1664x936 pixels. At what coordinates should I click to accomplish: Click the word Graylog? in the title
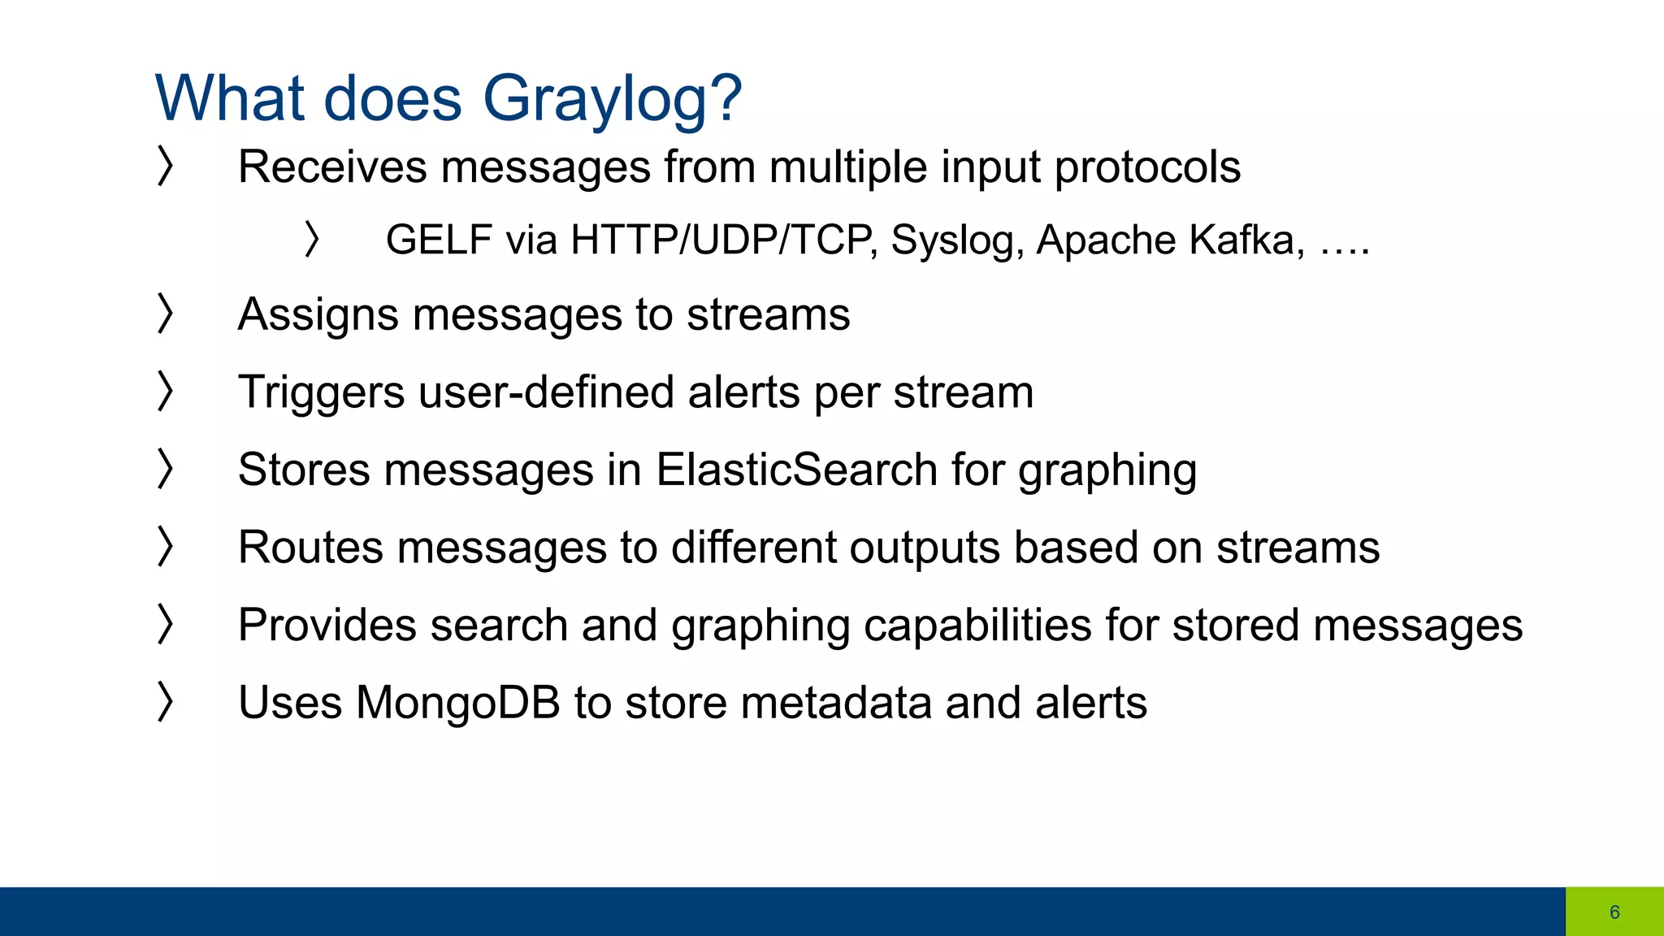(x=612, y=99)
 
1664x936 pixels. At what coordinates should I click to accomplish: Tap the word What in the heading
(x=230, y=97)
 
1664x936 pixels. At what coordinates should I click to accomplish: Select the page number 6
(x=1614, y=912)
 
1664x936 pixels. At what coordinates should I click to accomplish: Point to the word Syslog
(x=956, y=241)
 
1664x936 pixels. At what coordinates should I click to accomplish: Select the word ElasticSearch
(x=797, y=470)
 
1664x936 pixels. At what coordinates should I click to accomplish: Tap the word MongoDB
(x=458, y=703)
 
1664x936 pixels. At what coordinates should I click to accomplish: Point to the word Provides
(x=327, y=626)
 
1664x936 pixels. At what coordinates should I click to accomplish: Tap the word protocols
(x=1147, y=168)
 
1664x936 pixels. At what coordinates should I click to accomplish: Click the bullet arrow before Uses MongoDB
(x=165, y=702)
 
